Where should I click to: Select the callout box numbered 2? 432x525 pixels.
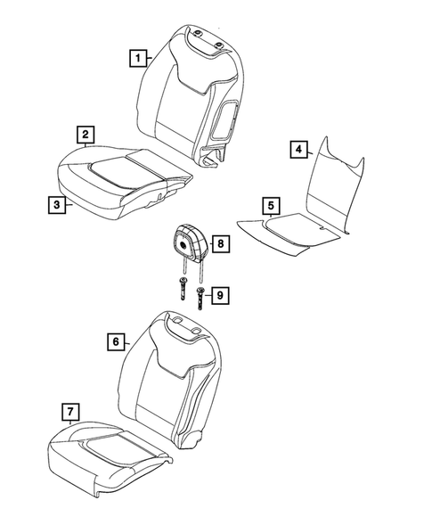85,135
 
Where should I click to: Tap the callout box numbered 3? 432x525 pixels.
57,205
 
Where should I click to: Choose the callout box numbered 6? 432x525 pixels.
115,341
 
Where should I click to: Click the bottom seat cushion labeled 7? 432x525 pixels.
107,455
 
